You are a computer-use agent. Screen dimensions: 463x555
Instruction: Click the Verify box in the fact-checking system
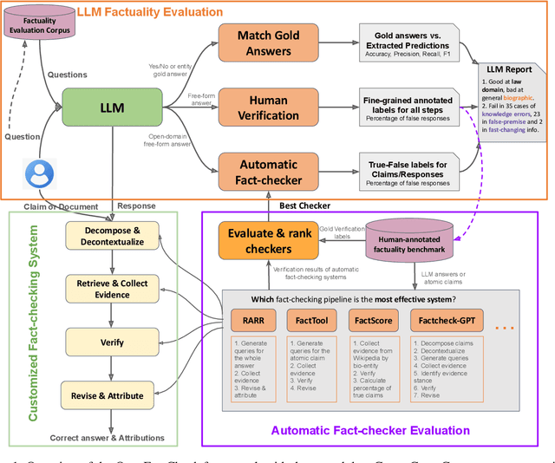tap(108, 343)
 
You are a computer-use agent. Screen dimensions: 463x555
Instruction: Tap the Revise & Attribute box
tap(108, 395)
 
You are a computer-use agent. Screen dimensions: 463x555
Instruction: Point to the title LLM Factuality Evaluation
tap(150, 12)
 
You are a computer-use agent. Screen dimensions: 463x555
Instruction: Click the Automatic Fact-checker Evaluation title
tap(370, 430)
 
